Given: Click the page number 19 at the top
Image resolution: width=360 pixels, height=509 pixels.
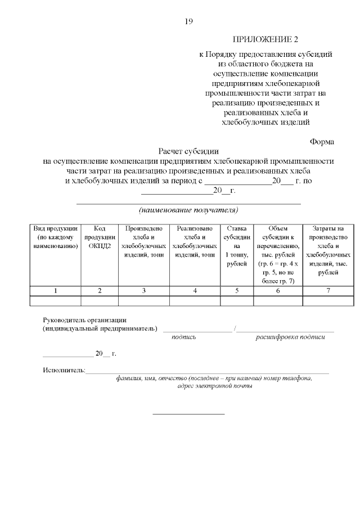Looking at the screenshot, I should point(188,22).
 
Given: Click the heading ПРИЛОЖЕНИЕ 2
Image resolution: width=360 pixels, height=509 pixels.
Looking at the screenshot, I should point(265,40).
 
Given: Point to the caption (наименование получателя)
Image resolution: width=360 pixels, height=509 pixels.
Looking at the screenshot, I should point(188,210).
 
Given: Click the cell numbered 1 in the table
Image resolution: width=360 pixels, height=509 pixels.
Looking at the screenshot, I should point(55,291).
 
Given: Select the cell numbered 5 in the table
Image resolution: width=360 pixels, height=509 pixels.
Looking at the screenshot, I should point(237,291).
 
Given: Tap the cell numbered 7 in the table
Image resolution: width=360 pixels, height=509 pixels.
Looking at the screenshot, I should point(328,291).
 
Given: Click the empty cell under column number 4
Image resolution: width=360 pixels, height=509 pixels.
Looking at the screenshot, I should point(195,300).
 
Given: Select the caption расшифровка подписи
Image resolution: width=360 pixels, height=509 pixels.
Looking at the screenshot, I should point(290,337).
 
